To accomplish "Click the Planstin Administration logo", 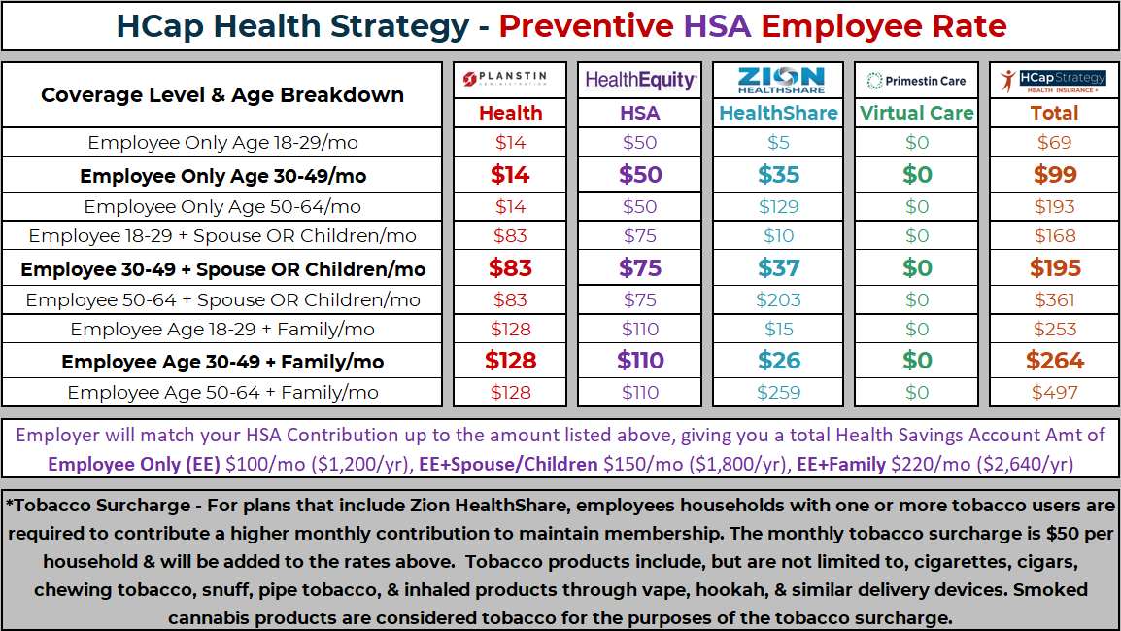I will pos(510,81).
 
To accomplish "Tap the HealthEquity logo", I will pos(639,81).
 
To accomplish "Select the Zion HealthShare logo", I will pos(778,81).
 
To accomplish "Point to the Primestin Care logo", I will pos(916,81).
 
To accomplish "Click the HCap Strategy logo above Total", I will pos(1054,81).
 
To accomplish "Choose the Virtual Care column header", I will pos(916,113).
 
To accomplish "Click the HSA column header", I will pos(639,113).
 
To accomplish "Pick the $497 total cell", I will pos(1054,393).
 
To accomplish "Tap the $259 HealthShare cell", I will pos(778,393).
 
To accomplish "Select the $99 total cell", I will pos(1054,175).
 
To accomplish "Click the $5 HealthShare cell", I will pos(778,143).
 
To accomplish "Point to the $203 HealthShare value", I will pos(778,299).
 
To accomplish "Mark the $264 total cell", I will pos(1054,361).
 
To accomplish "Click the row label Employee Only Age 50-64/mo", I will pos(222,206).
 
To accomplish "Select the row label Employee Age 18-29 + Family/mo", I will pos(222,329).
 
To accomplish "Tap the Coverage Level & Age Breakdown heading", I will pos(222,95).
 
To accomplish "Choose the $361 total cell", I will pos(1054,299).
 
